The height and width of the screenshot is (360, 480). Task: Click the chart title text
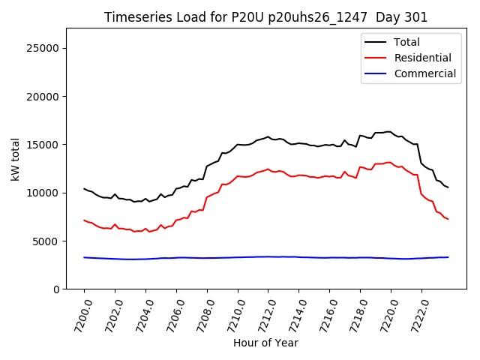tap(265, 17)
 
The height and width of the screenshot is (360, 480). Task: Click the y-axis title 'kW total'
tap(15, 158)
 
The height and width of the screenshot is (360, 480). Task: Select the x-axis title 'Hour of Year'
tap(265, 343)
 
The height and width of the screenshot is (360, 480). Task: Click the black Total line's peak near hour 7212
tap(268, 136)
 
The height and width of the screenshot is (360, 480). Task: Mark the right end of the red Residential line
tap(448, 219)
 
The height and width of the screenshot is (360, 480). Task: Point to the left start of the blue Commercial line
tap(84, 257)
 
